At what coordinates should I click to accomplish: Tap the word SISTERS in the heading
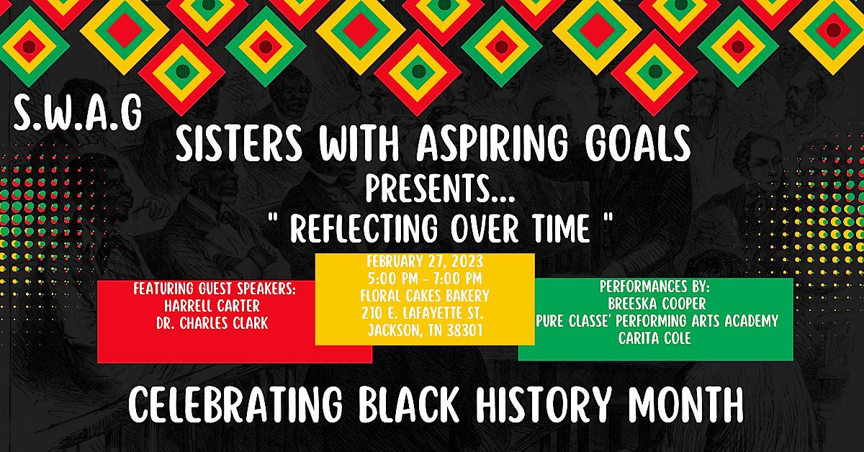[239, 144]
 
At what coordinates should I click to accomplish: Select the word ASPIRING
[492, 144]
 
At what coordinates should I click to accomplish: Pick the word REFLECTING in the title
[364, 228]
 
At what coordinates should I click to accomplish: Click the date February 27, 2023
[425, 261]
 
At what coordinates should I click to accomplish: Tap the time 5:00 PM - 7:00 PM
[425, 279]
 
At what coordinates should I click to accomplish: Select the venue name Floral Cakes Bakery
[425, 296]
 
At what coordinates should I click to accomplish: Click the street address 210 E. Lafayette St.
[423, 313]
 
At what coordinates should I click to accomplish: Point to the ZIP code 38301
[465, 330]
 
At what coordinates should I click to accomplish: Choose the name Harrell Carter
[212, 306]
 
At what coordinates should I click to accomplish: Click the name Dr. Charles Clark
[212, 323]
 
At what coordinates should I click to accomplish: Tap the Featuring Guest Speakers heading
[215, 289]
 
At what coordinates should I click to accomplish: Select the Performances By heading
[654, 286]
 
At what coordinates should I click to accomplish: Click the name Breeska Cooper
[657, 304]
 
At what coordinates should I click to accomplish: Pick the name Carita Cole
[654, 338]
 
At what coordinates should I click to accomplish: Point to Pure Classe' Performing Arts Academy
[657, 321]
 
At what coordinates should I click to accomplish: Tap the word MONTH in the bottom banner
[685, 404]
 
